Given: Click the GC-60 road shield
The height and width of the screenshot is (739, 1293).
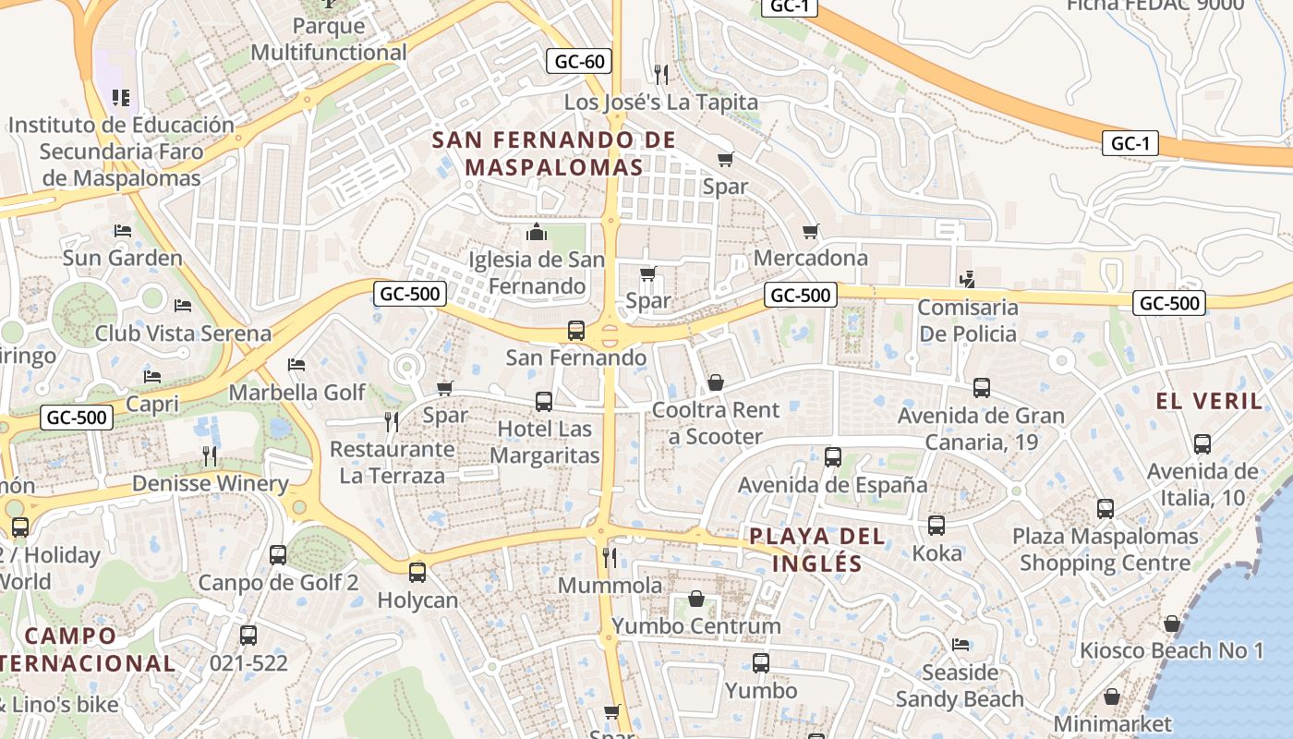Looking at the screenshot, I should point(579,62).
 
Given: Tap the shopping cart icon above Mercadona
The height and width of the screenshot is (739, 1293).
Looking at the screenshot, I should point(810,231).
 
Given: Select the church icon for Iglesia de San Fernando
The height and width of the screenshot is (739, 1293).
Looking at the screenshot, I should point(536,231).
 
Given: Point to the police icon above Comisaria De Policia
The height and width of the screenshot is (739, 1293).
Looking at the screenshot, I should point(967,278).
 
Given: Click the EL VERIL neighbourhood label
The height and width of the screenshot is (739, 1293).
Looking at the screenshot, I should point(1209,401).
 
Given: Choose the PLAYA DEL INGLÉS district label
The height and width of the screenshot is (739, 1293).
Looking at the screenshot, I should point(816,550).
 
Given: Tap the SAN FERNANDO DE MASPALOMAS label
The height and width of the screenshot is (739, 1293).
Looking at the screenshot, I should point(553,153).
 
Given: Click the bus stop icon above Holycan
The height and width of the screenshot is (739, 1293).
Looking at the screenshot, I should point(417,573).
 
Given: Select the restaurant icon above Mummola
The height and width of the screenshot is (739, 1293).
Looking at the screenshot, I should point(609,557).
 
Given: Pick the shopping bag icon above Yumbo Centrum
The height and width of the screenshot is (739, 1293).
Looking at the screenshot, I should point(696,600).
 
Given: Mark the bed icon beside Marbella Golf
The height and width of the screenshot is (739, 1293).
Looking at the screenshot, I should point(296,365).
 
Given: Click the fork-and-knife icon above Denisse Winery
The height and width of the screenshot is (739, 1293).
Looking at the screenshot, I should point(210,455).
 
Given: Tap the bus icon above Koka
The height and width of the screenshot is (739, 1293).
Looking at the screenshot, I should point(937,526).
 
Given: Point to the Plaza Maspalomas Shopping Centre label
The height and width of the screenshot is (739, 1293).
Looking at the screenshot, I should point(1105,550).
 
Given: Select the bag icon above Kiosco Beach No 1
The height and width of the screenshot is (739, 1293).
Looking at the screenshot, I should point(1171,624).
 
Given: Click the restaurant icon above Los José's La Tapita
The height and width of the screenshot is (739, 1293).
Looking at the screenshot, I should point(660,74).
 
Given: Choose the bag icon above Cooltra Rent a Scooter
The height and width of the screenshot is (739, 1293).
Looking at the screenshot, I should point(715,382).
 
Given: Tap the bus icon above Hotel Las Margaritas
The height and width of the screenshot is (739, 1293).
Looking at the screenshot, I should point(544,402).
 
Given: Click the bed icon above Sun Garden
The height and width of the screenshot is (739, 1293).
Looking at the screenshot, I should point(122,230).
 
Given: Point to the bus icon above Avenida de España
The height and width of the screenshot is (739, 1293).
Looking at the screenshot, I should point(832,456).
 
